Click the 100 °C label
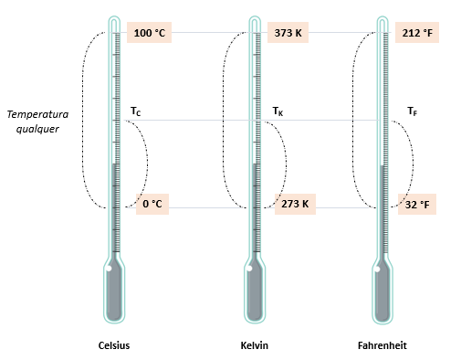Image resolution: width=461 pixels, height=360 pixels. pos(149,33)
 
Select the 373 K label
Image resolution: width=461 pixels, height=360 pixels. pos(288,33)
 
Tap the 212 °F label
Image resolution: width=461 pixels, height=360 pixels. pos(417,33)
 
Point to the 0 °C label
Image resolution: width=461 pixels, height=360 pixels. pos(152,204)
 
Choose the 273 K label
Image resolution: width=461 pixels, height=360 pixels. pos(295,204)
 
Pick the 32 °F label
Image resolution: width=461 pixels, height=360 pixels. pos(417,205)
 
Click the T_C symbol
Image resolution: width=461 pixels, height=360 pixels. pos(135,111)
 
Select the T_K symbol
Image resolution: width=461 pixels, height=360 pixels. pos(278,111)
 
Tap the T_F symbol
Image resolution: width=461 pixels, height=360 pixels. pos(413,111)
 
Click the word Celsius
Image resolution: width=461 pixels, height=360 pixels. pos(114,345)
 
